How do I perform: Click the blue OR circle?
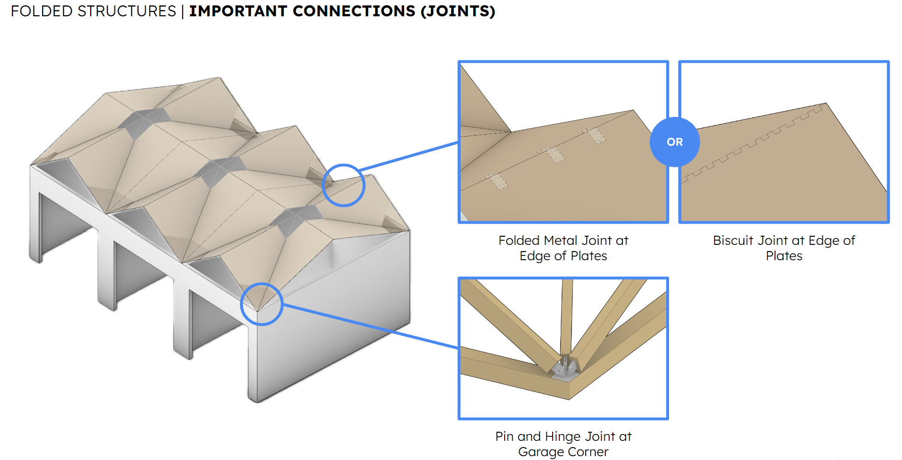click(674, 142)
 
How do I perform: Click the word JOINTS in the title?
click(457, 11)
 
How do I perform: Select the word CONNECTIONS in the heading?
click(354, 11)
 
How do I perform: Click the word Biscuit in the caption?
click(733, 241)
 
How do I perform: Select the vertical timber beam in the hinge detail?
click(567, 316)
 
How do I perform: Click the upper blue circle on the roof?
click(344, 185)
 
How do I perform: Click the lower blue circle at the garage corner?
click(262, 304)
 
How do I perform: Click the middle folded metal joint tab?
click(555, 155)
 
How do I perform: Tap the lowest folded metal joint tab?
click(498, 182)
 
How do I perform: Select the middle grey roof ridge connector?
click(220, 170)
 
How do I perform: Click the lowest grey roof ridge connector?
click(296, 219)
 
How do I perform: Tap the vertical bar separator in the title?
click(183, 11)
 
